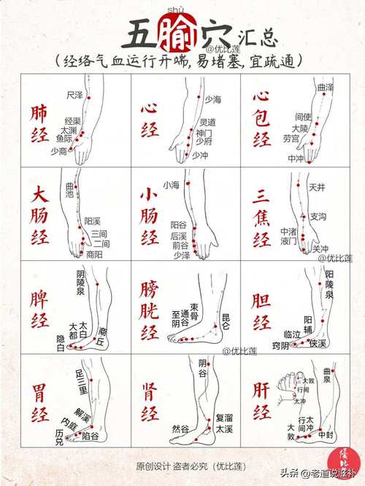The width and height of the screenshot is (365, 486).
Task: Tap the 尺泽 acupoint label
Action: tap(74, 95)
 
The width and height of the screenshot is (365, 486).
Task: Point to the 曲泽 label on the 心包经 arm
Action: tap(326, 87)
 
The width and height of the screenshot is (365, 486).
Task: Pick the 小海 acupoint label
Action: tap(171, 184)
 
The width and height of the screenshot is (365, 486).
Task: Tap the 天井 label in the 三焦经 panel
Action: tap(317, 187)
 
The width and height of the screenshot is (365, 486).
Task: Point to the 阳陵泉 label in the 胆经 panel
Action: tap(329, 284)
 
